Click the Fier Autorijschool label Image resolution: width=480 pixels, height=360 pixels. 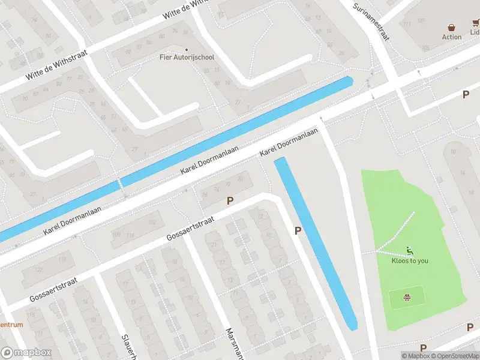187,57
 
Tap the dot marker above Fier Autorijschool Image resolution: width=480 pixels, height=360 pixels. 187,49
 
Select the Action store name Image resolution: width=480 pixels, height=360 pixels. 452,37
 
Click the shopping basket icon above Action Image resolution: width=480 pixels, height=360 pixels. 452,27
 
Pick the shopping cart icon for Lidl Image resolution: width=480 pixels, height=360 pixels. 476,25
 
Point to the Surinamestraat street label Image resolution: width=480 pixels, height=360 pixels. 372,20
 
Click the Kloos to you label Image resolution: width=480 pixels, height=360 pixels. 410,260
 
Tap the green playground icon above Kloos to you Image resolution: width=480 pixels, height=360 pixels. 410,251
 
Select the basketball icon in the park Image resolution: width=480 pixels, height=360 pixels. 407,296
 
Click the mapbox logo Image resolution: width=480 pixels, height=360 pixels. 26,352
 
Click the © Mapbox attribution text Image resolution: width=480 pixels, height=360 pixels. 415,356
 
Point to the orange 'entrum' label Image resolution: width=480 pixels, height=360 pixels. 12,325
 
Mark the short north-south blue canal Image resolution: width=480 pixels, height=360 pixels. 316,243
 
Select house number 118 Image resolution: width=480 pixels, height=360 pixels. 62,259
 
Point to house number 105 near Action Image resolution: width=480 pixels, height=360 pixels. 426,47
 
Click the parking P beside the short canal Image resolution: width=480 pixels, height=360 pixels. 298,230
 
